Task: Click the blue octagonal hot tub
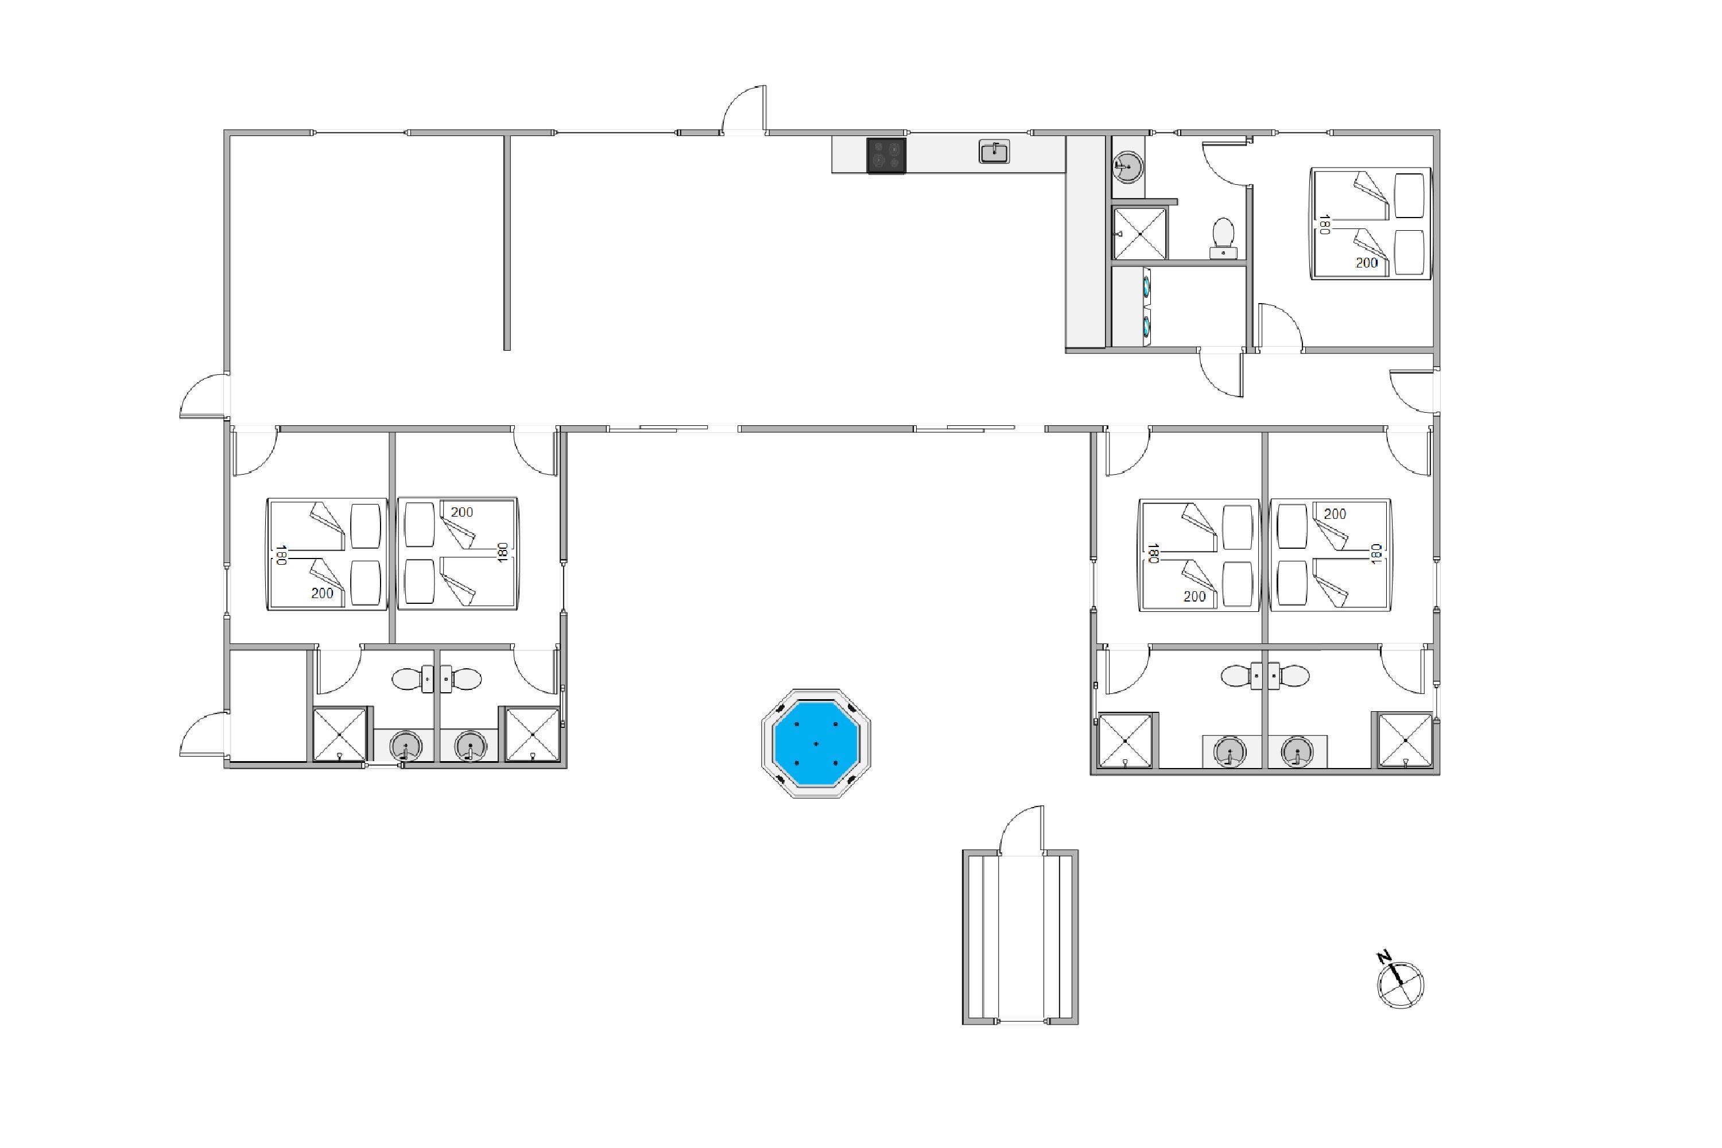(816, 743)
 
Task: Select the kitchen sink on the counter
(994, 152)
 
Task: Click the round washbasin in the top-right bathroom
(1127, 168)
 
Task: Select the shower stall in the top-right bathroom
(1139, 234)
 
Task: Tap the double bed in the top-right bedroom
(1371, 223)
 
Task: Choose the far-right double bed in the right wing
(1331, 555)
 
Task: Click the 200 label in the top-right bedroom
(1366, 263)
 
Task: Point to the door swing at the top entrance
(744, 110)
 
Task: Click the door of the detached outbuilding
(1022, 829)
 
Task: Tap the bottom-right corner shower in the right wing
(1405, 741)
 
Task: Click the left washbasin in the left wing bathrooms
(406, 747)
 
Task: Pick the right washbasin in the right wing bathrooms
(1297, 752)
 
